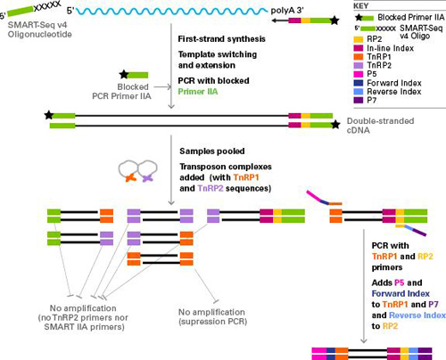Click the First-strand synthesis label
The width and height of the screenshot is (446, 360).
(215, 40)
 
